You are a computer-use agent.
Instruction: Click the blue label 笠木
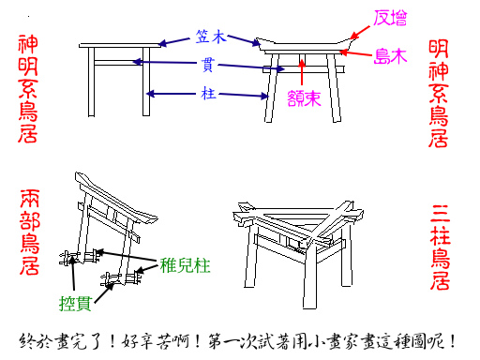pos(211,37)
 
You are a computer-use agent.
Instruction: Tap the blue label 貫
pos(207,65)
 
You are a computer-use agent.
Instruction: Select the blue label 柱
pos(208,93)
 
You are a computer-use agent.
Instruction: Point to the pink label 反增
pos(390,18)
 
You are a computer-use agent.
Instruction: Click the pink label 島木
pos(390,56)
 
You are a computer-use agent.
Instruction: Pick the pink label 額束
pos(304,98)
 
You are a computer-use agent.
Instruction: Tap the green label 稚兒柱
pos(185,266)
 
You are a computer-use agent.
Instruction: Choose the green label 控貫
pos(75,304)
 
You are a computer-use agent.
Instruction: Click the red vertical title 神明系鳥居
pos(28,89)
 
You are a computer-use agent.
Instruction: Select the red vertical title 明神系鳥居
pos(439,94)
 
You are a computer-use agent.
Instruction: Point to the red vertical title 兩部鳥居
pos(30,232)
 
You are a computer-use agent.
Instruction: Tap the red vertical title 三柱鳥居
pos(441,247)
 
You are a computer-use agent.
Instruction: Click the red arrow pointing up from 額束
pos(302,71)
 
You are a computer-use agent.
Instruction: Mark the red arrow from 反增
pos(360,33)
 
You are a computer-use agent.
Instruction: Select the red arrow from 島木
pos(356,53)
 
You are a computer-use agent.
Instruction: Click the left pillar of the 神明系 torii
pos(91,82)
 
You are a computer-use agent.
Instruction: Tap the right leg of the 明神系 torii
pos(334,88)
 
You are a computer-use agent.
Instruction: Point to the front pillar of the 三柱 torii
pos(310,275)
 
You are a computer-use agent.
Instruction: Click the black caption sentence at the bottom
pos(237,341)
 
